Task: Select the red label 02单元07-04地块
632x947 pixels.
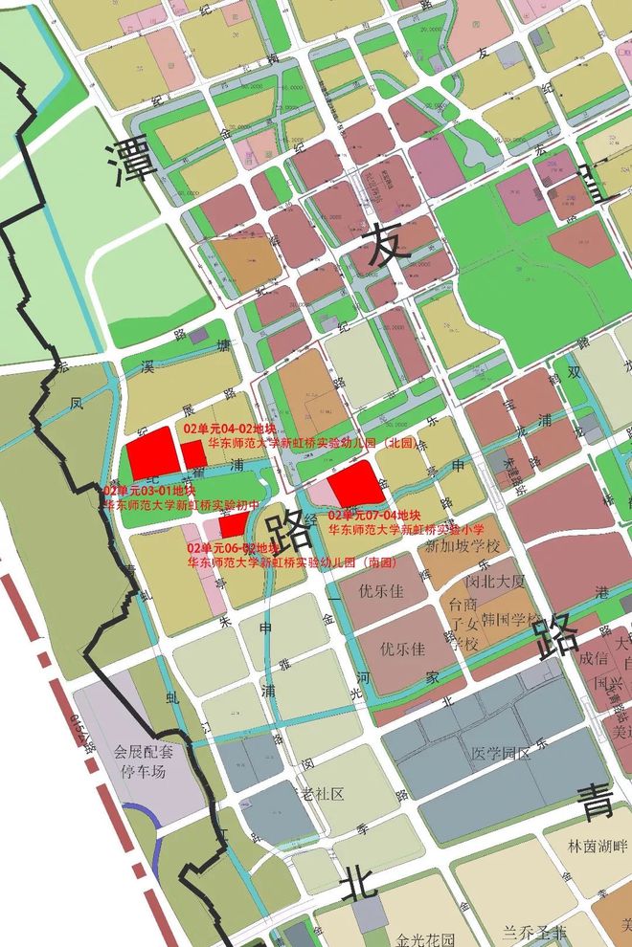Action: (x=369, y=516)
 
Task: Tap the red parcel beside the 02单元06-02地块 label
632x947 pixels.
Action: (x=234, y=523)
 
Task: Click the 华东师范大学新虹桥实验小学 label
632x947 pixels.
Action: (x=407, y=529)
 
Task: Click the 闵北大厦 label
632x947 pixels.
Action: (x=495, y=581)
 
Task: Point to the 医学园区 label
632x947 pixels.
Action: (x=500, y=754)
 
